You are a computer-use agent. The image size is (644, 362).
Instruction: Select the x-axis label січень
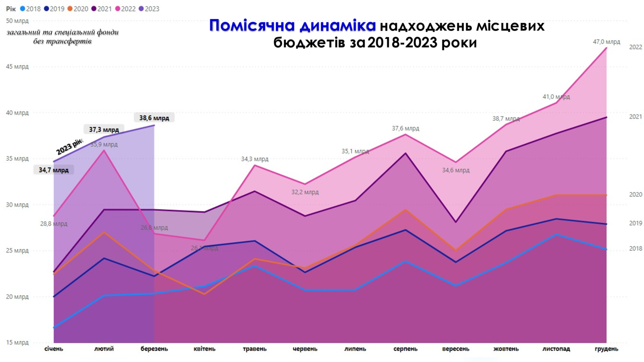click(54, 349)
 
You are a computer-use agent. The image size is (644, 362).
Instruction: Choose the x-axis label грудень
click(607, 349)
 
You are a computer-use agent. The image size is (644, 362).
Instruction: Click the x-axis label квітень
click(205, 349)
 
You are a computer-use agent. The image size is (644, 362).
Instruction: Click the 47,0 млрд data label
click(606, 42)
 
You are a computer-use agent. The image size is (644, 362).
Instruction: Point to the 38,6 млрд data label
click(154, 118)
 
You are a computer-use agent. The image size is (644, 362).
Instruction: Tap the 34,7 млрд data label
click(53, 170)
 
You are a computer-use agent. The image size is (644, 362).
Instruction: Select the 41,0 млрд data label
click(556, 97)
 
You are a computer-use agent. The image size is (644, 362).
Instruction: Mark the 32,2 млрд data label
click(305, 192)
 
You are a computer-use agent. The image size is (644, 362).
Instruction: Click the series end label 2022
click(635, 47)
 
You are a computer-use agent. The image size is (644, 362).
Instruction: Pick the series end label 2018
click(635, 249)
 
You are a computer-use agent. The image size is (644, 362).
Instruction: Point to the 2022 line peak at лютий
click(104, 150)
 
